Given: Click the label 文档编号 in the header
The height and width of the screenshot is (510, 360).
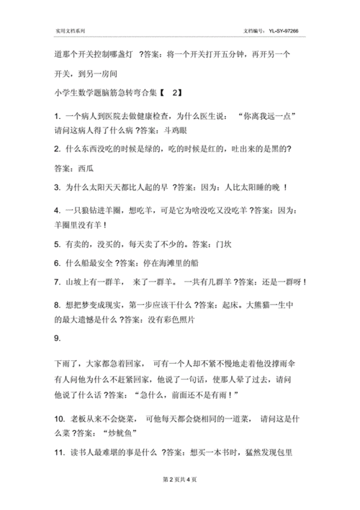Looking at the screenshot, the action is (255, 32).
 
